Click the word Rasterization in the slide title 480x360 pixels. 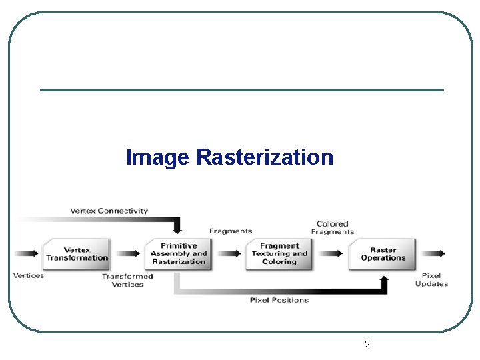[265, 158]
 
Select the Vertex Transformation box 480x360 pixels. [77, 254]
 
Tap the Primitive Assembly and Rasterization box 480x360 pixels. [179, 254]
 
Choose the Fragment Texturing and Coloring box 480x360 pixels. [279, 254]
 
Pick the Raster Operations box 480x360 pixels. [383, 254]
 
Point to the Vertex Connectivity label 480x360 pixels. [109, 211]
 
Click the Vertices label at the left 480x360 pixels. [28, 275]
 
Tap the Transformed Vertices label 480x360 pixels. [127, 280]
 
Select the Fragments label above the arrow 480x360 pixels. [231, 231]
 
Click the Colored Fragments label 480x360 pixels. [332, 228]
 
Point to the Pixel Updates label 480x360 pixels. [431, 279]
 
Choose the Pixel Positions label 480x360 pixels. [279, 300]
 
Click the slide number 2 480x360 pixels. [367, 345]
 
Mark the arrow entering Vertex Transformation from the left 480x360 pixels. [27, 254]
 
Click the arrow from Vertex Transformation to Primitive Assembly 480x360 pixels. [128, 254]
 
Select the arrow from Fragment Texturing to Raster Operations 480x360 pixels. [331, 254]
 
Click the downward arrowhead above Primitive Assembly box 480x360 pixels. [177, 229]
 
